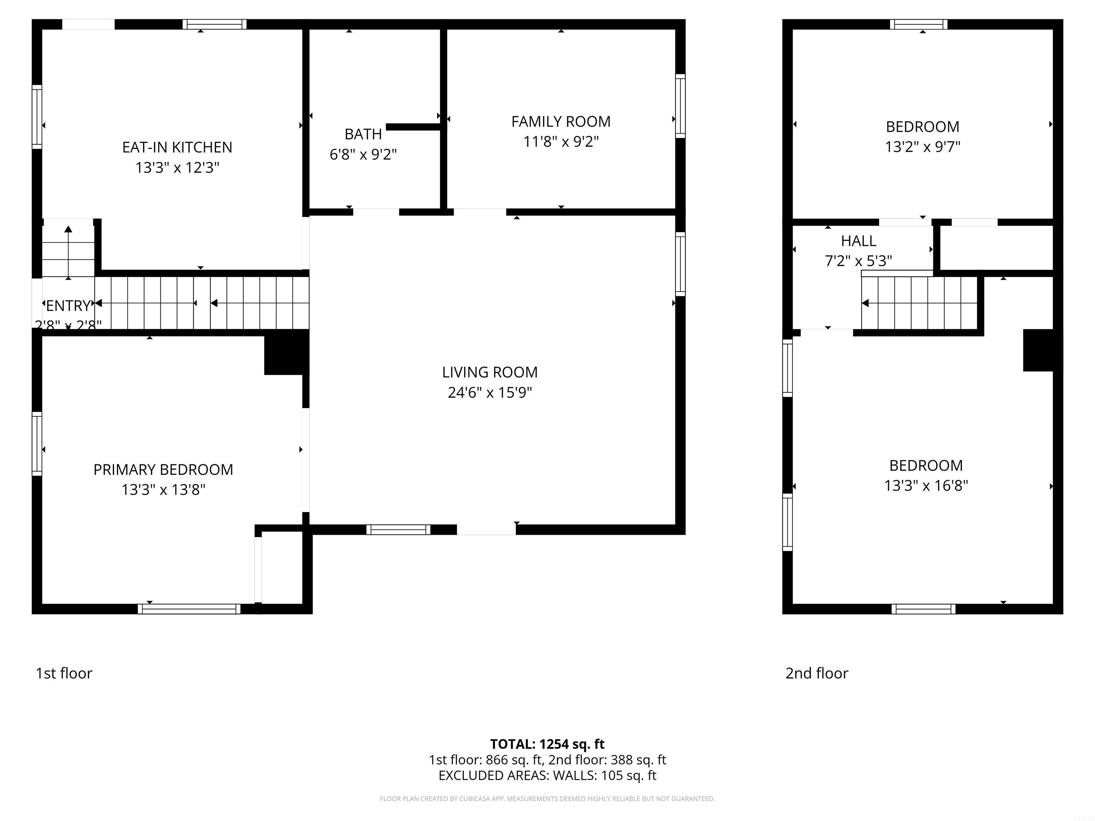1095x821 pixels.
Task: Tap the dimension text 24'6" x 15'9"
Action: point(490,392)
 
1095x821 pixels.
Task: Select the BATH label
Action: point(363,134)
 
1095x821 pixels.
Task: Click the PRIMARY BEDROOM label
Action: point(163,469)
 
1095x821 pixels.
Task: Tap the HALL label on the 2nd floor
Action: point(858,241)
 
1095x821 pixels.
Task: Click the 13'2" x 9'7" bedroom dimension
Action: point(922,146)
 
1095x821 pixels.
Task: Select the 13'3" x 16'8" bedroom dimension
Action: point(926,485)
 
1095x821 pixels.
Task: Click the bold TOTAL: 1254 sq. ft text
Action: point(547,744)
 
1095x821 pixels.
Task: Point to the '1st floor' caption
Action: point(64,673)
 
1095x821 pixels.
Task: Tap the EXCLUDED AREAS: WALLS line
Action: point(547,775)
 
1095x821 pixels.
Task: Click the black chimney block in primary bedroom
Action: point(286,353)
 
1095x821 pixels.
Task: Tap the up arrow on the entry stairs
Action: point(68,229)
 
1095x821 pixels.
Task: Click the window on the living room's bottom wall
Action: point(398,530)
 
